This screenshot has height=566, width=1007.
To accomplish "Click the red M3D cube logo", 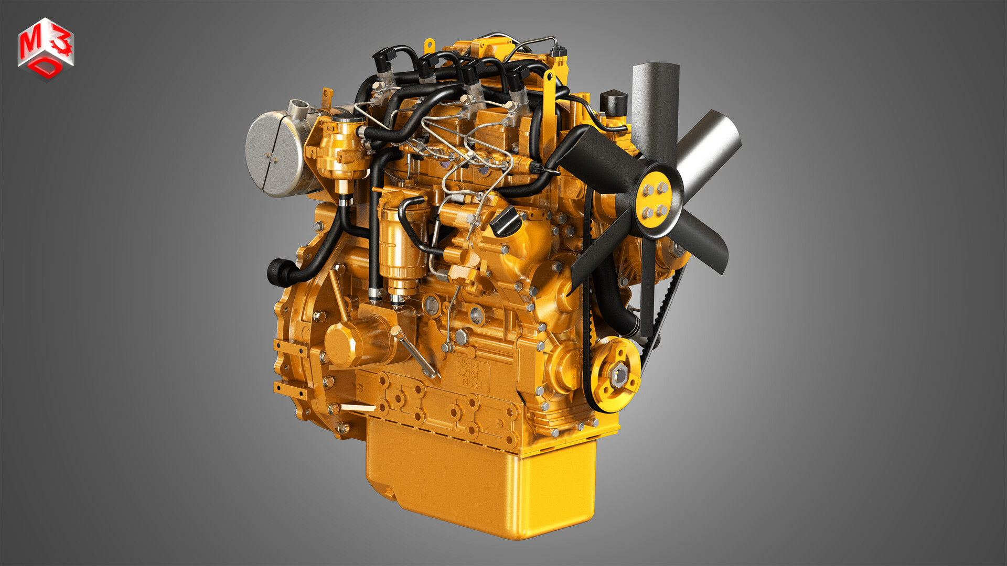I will tap(46, 49).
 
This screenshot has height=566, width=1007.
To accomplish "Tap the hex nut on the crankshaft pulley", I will tap(619, 373).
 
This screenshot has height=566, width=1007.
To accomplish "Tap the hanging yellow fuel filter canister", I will tap(401, 252).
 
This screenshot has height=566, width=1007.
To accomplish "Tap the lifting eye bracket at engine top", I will tap(549, 79).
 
